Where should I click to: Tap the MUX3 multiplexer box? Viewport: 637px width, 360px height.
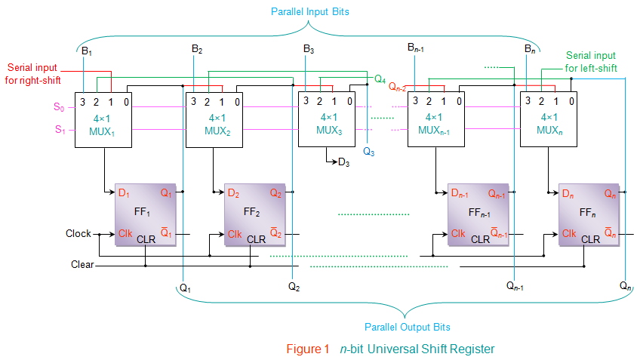click(x=328, y=118)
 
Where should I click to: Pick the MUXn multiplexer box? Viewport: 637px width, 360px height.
click(x=548, y=118)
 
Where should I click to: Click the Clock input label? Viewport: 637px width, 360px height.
click(x=78, y=234)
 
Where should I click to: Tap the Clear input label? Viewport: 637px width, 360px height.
click(x=82, y=265)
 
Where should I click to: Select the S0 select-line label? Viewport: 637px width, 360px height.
click(x=59, y=107)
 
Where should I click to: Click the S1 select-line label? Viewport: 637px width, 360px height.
click(x=60, y=129)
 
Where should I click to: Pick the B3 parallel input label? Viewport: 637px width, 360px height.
click(x=309, y=49)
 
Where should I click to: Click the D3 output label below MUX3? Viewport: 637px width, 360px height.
click(x=343, y=162)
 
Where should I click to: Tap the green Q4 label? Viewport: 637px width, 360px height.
click(x=380, y=78)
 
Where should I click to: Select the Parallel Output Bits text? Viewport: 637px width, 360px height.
click(x=407, y=327)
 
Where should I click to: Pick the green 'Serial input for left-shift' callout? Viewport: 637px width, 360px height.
click(x=591, y=62)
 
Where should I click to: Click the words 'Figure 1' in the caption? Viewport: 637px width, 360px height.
click(x=308, y=349)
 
